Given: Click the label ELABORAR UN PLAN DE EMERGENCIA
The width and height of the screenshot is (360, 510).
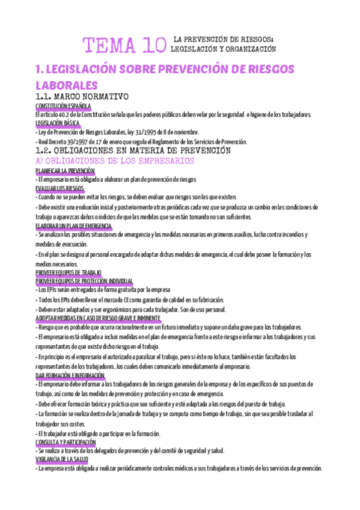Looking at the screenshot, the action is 74,226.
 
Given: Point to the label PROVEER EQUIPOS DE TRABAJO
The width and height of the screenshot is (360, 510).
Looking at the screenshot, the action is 69,272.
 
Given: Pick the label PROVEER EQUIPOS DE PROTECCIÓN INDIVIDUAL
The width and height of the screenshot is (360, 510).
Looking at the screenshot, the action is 84,280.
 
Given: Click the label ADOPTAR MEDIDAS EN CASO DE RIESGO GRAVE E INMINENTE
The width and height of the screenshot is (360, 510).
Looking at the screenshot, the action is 98,318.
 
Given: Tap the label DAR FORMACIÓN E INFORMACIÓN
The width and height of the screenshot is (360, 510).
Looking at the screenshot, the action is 70,375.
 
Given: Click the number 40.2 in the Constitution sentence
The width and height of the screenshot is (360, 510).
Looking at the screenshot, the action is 67,114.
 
